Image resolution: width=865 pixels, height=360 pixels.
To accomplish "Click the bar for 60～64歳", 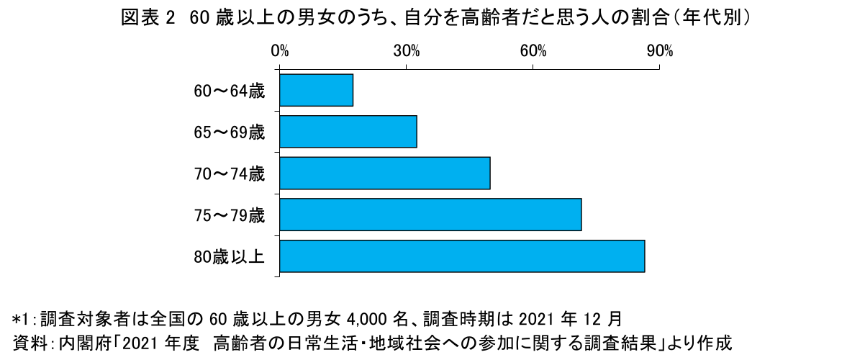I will (316, 90).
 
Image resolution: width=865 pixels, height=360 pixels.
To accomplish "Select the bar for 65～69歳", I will (348, 132).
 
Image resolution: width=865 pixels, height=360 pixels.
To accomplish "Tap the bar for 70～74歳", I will (385, 173).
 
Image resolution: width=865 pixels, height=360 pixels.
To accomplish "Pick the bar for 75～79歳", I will (430, 215).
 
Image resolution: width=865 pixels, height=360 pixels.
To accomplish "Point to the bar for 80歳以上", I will (462, 256).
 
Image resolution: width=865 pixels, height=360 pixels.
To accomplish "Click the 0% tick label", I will (280, 51).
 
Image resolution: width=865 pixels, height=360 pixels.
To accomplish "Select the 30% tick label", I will (407, 51).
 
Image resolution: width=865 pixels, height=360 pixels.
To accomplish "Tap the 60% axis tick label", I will (533, 51).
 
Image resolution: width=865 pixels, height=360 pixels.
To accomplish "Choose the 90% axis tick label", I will (659, 51).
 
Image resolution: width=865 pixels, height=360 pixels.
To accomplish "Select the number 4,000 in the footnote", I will (369, 318).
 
